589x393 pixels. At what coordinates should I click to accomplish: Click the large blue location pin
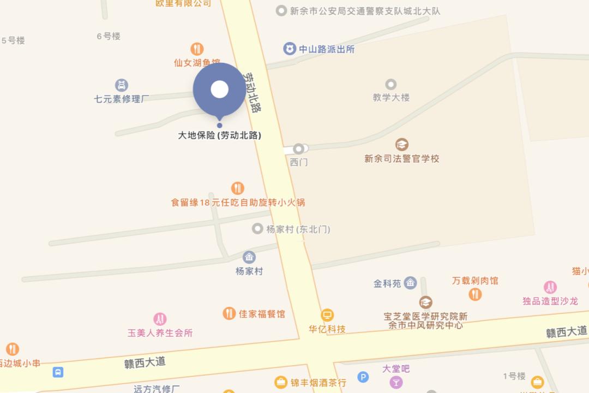click(219, 90)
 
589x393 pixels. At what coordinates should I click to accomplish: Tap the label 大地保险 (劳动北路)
click(219, 135)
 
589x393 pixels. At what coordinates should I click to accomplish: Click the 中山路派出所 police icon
click(289, 49)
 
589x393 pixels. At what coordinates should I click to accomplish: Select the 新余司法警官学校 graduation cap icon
click(402, 145)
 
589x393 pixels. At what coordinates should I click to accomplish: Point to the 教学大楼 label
click(391, 98)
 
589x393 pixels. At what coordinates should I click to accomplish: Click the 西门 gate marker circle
click(298, 149)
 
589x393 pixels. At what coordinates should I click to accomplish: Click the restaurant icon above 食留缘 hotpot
click(237, 188)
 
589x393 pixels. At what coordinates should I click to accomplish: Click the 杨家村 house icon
click(249, 257)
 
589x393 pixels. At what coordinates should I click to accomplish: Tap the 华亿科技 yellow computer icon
click(327, 315)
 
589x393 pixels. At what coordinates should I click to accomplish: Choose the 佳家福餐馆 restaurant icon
click(229, 313)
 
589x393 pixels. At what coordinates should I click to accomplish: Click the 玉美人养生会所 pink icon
click(160, 319)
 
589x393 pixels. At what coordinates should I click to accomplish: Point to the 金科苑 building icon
click(410, 283)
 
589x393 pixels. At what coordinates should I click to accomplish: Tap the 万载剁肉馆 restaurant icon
click(475, 294)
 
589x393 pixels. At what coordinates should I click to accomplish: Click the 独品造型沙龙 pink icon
click(550, 287)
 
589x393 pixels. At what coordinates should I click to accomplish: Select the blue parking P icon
click(363, 377)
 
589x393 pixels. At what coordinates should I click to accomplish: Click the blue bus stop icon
click(58, 372)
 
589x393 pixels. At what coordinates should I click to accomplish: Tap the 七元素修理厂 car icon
click(122, 85)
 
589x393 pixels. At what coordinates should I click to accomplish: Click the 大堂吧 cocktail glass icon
click(396, 383)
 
